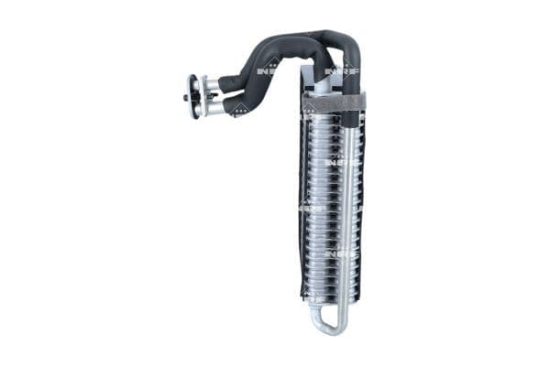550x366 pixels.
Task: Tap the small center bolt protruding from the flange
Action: point(186,97)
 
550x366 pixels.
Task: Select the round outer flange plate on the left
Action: point(192,96)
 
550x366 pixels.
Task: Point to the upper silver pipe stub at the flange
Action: point(211,85)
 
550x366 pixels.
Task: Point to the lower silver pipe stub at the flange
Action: point(214,107)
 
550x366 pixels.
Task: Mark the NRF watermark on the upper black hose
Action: point(267,69)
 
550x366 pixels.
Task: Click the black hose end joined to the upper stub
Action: point(230,82)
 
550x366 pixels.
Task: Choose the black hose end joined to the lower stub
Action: point(235,104)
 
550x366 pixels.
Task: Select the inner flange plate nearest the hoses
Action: point(203,96)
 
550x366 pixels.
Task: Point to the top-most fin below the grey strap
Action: point(325,119)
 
